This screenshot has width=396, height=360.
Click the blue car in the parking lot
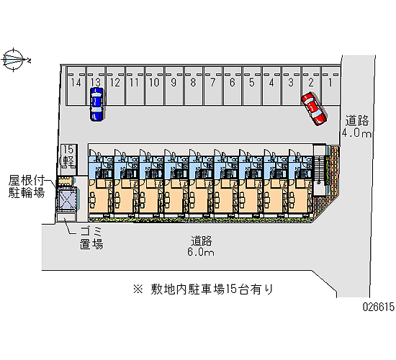96,104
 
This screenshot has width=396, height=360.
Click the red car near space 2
314,109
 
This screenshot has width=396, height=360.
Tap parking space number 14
76,86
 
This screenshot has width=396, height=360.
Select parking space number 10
154,86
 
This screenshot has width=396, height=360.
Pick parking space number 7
213,86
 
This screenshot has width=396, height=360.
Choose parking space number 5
252,86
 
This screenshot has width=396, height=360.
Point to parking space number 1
330,86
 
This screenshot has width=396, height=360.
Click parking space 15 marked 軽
68,159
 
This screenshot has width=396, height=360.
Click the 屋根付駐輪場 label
27,186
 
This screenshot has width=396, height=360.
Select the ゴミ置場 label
91,238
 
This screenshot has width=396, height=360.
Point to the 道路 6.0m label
201,246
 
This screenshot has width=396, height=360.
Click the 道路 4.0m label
356,127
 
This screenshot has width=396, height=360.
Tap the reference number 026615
378,307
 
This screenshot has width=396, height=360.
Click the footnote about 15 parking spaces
204,289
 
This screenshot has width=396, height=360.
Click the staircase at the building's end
320,170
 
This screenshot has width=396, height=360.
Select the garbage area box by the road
66,217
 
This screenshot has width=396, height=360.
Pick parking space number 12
115,86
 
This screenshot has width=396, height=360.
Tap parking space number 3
291,86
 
